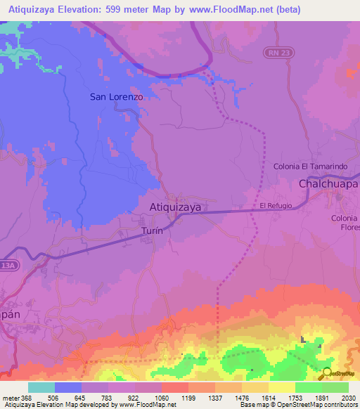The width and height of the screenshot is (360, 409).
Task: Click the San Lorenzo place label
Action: [117, 97]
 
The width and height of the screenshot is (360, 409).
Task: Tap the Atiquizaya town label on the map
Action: [176, 207]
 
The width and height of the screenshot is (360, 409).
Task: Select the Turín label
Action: [153, 231]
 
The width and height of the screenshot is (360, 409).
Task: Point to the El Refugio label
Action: [275, 206]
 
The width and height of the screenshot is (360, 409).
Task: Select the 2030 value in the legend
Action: [349, 397]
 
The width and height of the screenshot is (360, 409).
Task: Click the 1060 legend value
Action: [161, 397]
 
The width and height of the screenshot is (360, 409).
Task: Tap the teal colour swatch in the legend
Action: [41, 387]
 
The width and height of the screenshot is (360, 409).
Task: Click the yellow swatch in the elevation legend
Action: [282, 387]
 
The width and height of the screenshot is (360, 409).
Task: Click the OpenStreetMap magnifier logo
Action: [328, 374]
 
